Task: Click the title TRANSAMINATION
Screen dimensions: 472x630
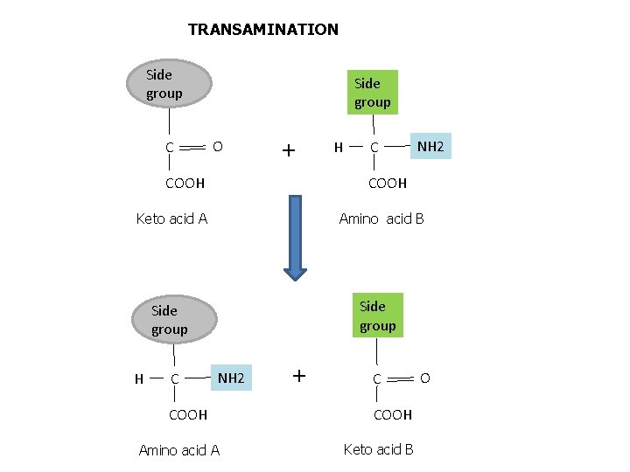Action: tap(262, 30)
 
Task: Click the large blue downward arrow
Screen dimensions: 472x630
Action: tap(296, 237)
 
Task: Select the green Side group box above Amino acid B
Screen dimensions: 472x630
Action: tap(372, 93)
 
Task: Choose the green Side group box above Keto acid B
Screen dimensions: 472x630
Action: tap(377, 316)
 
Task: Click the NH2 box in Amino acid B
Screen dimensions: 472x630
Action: tap(430, 146)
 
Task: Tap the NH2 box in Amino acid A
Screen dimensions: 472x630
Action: tap(231, 378)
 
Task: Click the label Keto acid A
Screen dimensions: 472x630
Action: tap(171, 219)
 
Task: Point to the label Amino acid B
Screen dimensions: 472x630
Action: tap(381, 219)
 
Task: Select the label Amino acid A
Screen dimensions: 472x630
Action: tap(179, 450)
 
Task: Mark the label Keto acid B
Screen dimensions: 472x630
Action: tap(378, 449)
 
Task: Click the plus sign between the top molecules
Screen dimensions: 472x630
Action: tap(288, 150)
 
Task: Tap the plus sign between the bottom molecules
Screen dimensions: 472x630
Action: tap(299, 376)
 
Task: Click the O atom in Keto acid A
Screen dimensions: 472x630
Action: tap(218, 145)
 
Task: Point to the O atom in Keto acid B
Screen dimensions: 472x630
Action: tap(425, 378)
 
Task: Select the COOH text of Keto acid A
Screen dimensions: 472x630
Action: tap(185, 184)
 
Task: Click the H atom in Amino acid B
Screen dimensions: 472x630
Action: tap(339, 147)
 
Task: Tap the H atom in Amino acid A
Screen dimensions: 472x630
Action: tap(139, 378)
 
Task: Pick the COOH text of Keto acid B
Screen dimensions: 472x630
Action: tap(392, 414)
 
